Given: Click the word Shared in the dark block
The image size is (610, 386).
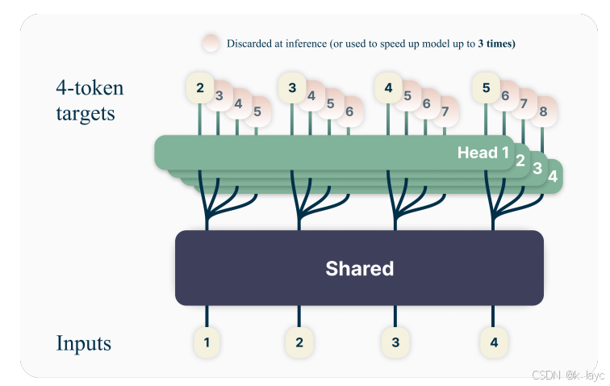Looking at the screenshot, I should point(359,268).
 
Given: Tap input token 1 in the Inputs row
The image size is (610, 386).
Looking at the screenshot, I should point(207,342).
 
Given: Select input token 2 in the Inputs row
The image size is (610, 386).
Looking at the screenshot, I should point(299,342).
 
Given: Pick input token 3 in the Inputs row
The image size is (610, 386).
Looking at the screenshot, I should point(395,342).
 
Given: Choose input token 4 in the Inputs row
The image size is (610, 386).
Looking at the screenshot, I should point(494,342).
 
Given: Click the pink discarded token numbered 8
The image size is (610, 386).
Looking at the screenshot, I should point(544,111).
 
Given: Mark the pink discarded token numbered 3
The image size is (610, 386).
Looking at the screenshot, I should point(219,95).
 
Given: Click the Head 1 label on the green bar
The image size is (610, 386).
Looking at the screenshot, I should point(483,152).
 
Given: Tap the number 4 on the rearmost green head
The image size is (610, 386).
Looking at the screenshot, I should point(553,175).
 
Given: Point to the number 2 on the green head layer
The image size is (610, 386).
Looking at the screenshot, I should point(520,160).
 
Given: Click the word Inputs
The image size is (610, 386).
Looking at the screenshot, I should point(83,343).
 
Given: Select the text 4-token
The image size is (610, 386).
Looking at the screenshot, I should point(90,87).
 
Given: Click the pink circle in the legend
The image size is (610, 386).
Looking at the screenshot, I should point(211,44).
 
